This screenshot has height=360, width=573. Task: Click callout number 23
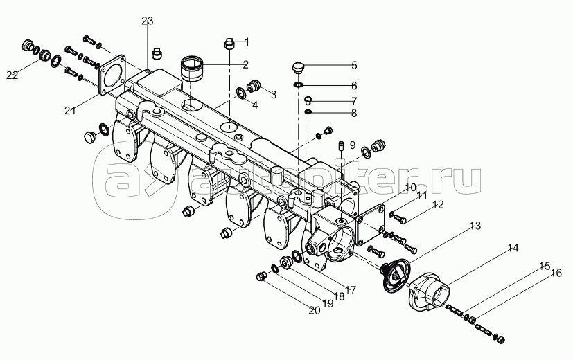[x=147, y=21]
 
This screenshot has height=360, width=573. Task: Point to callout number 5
[x=353, y=66]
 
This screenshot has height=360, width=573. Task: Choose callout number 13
[x=475, y=226]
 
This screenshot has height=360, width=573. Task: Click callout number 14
[x=512, y=248]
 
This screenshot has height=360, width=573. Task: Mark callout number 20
[x=314, y=309]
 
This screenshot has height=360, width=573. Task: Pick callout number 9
[x=352, y=145]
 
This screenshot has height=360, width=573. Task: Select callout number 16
[x=556, y=273]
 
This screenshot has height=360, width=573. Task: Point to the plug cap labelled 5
[x=299, y=67]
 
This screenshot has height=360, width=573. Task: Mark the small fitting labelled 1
[x=229, y=44]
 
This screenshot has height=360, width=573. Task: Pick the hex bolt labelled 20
[x=262, y=276]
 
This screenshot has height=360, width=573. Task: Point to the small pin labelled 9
[x=342, y=145]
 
